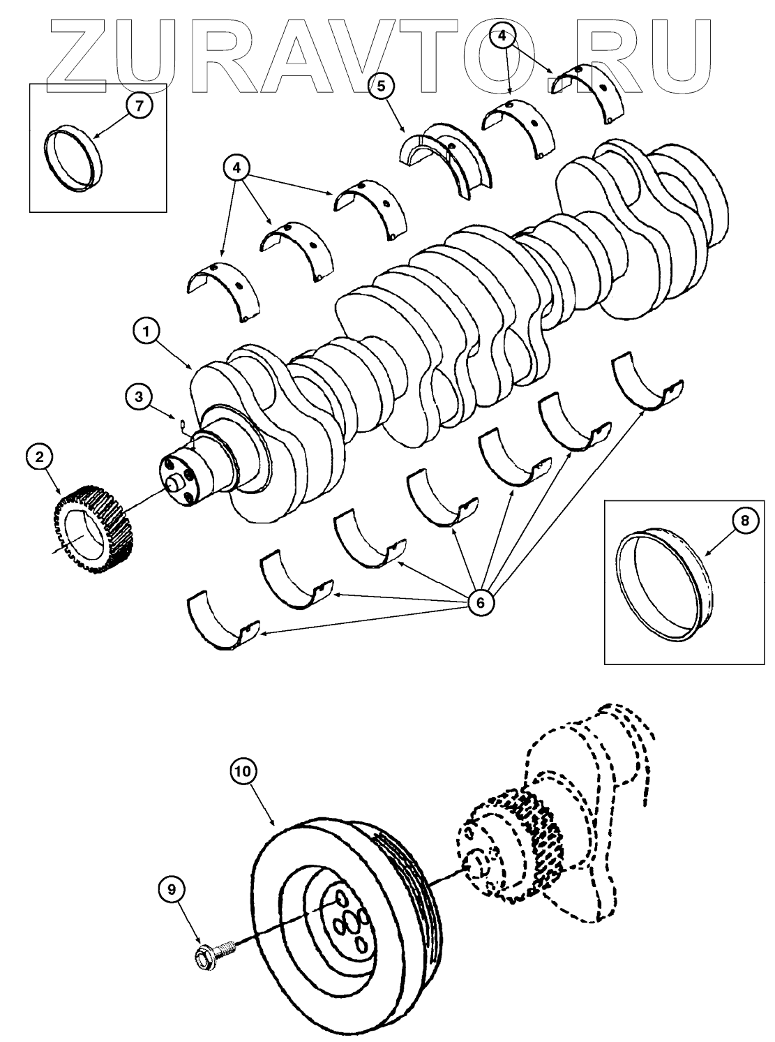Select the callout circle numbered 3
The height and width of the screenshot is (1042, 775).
pos(140,396)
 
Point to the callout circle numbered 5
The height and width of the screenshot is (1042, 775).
pos(381,87)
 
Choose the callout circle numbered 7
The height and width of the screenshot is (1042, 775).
pos(139,106)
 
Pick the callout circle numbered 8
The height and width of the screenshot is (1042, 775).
pos(745,521)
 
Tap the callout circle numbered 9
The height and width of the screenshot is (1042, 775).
pos(172,888)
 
